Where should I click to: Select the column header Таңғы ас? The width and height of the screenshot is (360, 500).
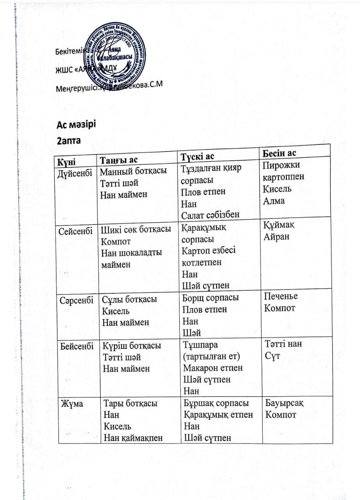pyautogui.click(x=119, y=160)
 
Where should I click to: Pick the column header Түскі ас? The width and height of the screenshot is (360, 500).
pyautogui.click(x=197, y=157)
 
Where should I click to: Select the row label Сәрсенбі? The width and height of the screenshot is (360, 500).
pyautogui.click(x=76, y=301)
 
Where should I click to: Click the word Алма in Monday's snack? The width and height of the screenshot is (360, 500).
pyautogui.click(x=274, y=201)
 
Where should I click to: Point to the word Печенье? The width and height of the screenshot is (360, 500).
pyautogui.click(x=281, y=296)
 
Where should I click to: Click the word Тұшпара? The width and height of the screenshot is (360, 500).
pyautogui.click(x=201, y=345)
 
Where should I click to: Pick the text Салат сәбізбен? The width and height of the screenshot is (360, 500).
pyautogui.click(x=210, y=214)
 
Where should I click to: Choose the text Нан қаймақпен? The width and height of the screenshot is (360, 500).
pyautogui.click(x=132, y=438)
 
